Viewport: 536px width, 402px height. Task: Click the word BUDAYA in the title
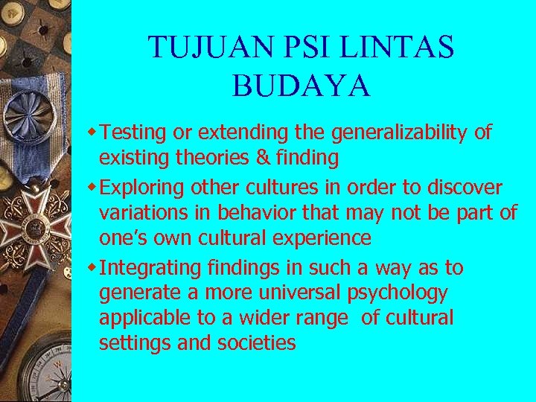coord(301,86)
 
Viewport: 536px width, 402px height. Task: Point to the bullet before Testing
coord(92,133)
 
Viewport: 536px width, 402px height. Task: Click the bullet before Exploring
coord(92,187)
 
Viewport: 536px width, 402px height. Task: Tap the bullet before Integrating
coord(92,267)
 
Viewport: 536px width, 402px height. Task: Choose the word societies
coord(257,343)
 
